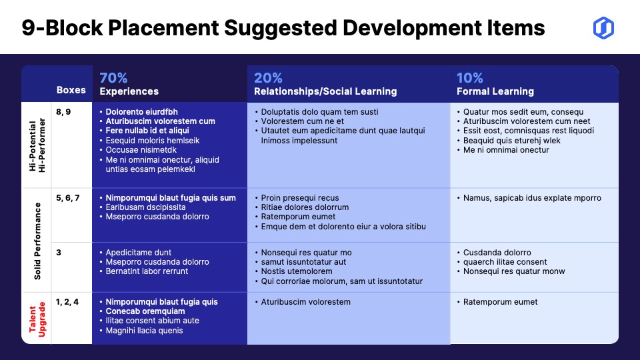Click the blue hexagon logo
click(603, 28)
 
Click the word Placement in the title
click(163, 28)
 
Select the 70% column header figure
click(113, 77)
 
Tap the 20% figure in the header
click(268, 77)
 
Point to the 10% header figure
click(470, 77)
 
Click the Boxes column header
click(71, 90)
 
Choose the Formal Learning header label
click(495, 91)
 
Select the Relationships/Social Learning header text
click(325, 91)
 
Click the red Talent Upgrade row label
click(37, 319)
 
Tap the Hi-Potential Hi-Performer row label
click(37, 145)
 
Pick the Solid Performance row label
click(37, 241)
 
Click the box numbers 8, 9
click(63, 112)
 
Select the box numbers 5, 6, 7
click(68, 198)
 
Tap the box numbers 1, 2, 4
click(67, 302)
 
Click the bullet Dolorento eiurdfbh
click(139, 112)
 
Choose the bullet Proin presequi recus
click(297, 198)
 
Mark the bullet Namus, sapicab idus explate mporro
click(529, 198)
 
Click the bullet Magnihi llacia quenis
click(141, 331)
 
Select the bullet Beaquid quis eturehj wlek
click(509, 141)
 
